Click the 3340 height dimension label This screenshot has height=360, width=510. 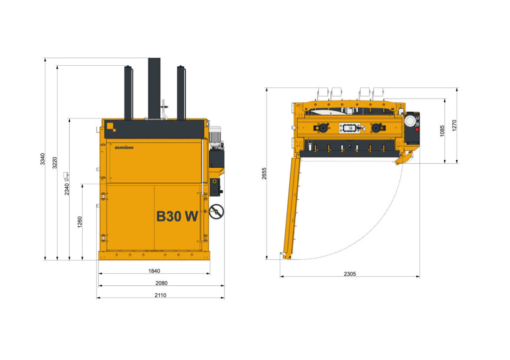point(43,159)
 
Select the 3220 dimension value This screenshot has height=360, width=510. point(55,163)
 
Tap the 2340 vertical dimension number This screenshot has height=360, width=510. point(67,189)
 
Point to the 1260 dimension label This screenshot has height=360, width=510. point(80,222)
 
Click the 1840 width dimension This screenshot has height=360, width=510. point(154,271)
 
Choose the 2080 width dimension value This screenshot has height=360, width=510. point(161,283)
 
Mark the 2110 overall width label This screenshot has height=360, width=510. point(160,295)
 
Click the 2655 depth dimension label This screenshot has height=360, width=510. point(264,173)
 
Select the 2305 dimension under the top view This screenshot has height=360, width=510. point(350,274)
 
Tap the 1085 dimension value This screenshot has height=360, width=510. point(442,131)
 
